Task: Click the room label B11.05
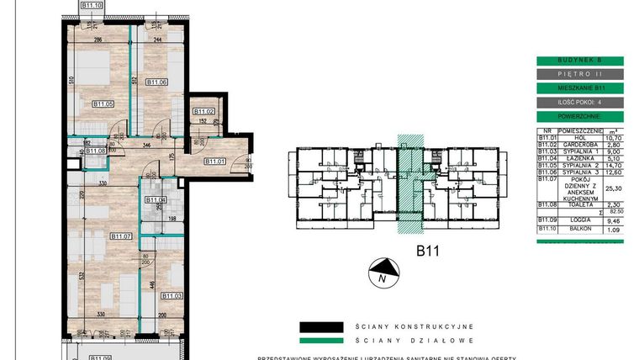pyautogui.click(x=103, y=104)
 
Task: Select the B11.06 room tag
pyautogui.click(x=157, y=82)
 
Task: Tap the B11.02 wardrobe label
pyautogui.click(x=204, y=112)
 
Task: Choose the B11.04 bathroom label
pyautogui.click(x=156, y=200)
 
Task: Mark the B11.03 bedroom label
pyautogui.click(x=173, y=295)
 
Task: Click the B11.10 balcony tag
pyautogui.click(x=92, y=5)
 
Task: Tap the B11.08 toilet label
pyautogui.click(x=97, y=151)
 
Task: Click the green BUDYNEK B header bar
pyautogui.click(x=579, y=61)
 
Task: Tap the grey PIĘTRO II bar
pyautogui.click(x=579, y=74)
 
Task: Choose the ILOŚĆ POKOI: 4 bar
pyautogui.click(x=579, y=101)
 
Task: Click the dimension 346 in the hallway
pyautogui.click(x=146, y=146)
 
